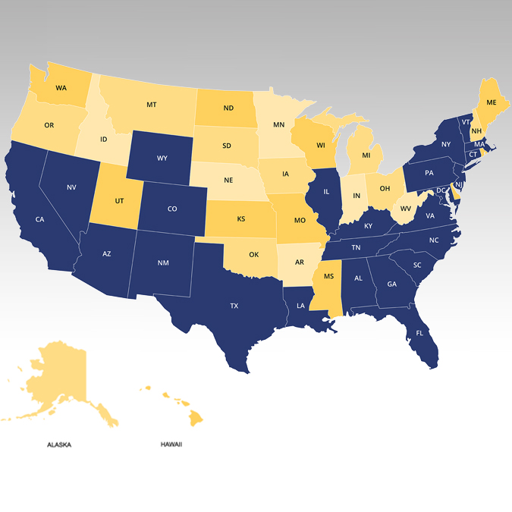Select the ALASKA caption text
click(x=59, y=444)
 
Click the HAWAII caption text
click(x=171, y=444)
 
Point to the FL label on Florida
click(x=419, y=333)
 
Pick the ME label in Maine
click(x=492, y=102)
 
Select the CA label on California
click(x=39, y=219)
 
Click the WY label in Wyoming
click(x=162, y=159)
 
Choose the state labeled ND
click(x=228, y=108)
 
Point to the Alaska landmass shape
click(x=61, y=379)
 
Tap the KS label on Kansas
click(x=241, y=218)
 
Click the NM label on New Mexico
click(x=163, y=262)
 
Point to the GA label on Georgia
click(x=391, y=284)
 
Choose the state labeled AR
click(x=299, y=262)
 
